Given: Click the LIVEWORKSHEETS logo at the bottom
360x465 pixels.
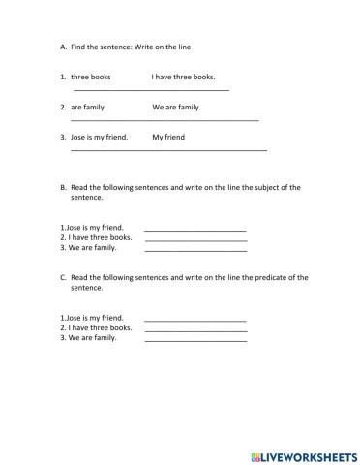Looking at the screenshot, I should click(304, 454).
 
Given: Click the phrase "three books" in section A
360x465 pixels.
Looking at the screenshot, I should click(91, 77).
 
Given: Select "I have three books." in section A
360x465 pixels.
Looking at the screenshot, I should click(183, 77).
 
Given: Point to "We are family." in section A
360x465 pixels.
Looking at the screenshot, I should click(176, 107).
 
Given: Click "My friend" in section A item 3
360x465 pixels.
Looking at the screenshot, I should click(168, 138).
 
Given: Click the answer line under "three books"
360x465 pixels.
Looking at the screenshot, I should click(151, 90).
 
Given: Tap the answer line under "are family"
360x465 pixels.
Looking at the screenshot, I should click(165, 120).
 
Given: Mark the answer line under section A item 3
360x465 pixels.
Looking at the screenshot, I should click(168, 150).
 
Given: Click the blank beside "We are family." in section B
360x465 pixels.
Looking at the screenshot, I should click(195, 250).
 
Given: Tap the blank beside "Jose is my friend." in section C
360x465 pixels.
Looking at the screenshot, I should click(195, 321).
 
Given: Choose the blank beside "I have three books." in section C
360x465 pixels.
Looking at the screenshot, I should click(195, 330).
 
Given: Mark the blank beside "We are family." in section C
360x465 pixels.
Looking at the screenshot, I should click(195, 340).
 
